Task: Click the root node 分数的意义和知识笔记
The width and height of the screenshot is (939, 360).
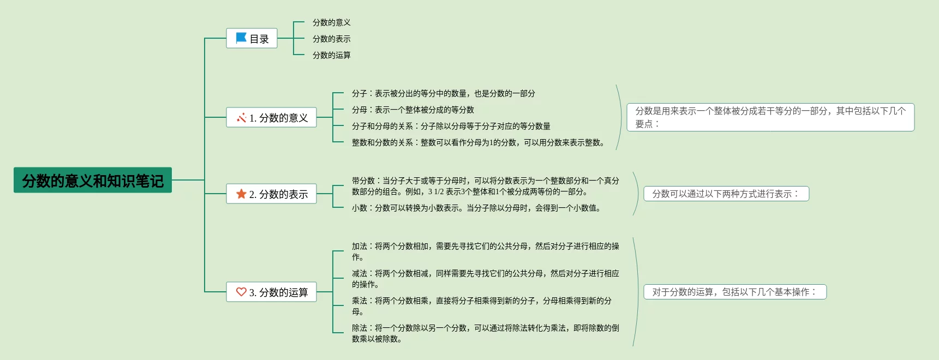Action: tap(93, 180)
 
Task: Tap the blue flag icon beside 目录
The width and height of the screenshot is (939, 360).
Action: tap(241, 38)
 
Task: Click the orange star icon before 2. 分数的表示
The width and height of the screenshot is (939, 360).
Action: tap(241, 194)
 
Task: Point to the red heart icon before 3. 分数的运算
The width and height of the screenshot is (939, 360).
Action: tap(241, 292)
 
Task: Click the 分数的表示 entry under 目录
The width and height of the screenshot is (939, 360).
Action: tap(331, 39)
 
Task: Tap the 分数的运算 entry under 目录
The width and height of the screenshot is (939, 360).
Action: tap(331, 55)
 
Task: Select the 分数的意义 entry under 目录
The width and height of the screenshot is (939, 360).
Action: tap(331, 22)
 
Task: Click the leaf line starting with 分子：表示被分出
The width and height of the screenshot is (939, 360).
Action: tap(443, 93)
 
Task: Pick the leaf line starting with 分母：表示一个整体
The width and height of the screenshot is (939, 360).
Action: tap(412, 110)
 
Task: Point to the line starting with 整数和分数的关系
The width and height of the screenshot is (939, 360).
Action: tap(478, 142)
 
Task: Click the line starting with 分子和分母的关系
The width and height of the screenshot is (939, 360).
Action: tap(451, 126)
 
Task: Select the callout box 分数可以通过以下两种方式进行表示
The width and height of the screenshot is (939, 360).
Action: tap(726, 194)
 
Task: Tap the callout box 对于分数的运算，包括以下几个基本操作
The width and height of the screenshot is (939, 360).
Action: tap(734, 292)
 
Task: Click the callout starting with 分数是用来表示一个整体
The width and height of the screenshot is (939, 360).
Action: tap(770, 117)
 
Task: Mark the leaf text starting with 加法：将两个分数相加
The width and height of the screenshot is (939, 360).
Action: tap(485, 251)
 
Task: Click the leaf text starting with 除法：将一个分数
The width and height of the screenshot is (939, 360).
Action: tap(485, 333)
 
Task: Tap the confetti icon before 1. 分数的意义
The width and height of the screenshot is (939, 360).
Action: tap(241, 117)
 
